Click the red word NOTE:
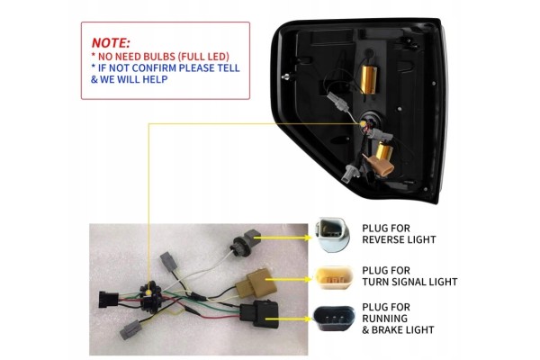point(111,42)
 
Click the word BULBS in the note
point(157,57)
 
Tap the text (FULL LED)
point(202,57)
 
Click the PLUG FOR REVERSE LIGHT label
point(399,234)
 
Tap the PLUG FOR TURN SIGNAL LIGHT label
point(409,276)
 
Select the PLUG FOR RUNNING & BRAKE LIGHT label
point(398,319)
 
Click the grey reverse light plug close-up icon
point(332,234)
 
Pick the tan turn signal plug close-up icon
point(335,277)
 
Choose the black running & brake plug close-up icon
point(334,319)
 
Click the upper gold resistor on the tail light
point(368,80)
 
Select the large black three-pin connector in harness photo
point(259,313)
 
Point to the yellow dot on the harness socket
point(148,292)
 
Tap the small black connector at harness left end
point(109,300)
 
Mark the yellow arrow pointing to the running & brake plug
point(289,319)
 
